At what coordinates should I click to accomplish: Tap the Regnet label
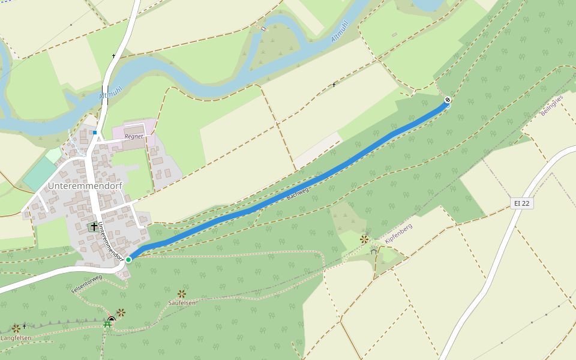click(x=134, y=136)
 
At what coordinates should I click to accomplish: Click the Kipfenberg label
click(x=399, y=236)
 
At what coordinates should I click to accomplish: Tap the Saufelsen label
click(x=182, y=303)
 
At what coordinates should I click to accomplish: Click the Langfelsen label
click(x=16, y=338)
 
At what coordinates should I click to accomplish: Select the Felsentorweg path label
click(x=87, y=283)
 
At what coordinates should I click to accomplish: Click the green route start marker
click(x=128, y=259)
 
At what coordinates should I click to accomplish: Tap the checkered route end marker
click(x=448, y=100)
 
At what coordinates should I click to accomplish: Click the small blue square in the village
click(x=95, y=133)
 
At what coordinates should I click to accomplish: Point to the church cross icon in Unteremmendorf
click(x=94, y=227)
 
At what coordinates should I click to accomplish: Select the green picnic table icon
click(x=107, y=325)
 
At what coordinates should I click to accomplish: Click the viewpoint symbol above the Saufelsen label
click(x=182, y=293)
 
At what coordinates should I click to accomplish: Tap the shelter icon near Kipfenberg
click(x=374, y=251)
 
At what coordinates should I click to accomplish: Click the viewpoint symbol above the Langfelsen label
click(x=16, y=328)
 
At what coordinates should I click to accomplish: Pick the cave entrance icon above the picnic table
click(x=112, y=319)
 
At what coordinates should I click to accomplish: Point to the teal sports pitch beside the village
click(x=41, y=175)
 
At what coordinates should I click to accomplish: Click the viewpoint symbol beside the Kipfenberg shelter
click(x=364, y=239)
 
